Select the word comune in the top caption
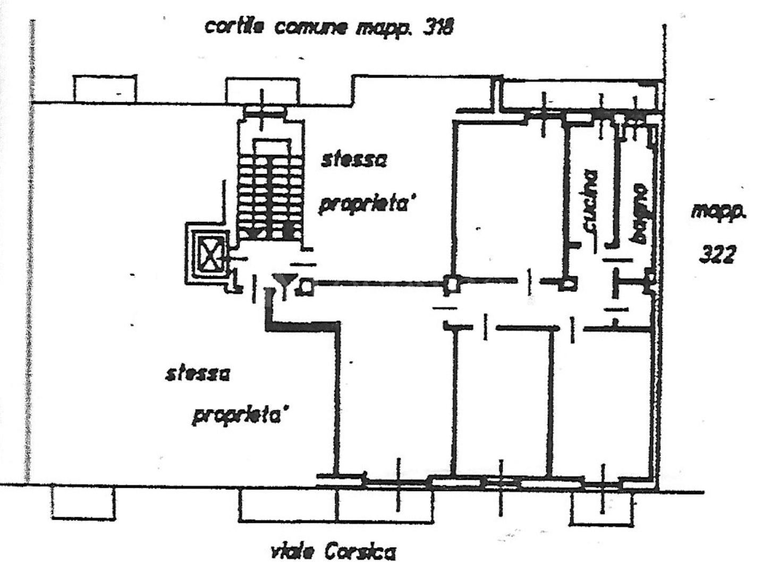[x=310, y=28]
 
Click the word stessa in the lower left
[x=198, y=375]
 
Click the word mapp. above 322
[x=718, y=212]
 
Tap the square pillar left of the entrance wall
[x=452, y=284]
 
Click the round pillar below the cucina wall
[x=568, y=284]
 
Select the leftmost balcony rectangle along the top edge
[x=105, y=89]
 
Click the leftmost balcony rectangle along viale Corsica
[x=83, y=502]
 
